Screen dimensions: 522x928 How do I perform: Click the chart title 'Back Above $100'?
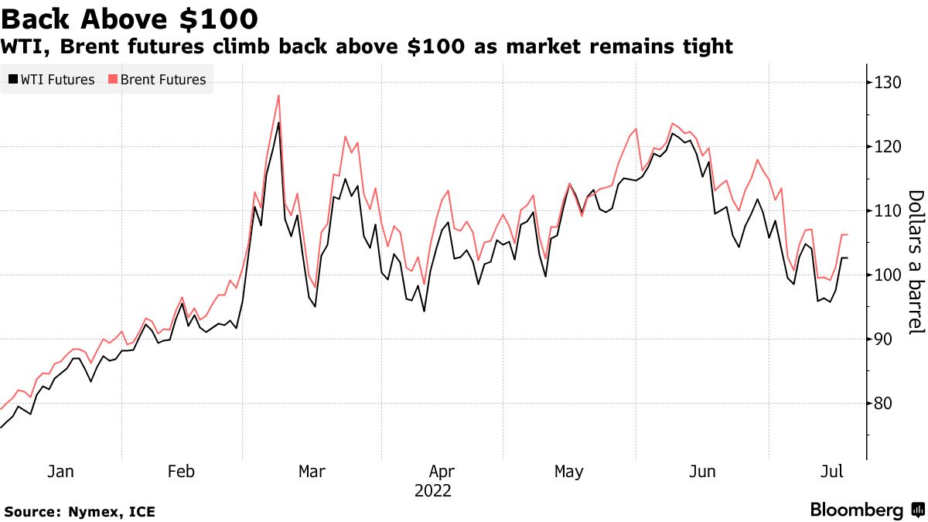point(130,17)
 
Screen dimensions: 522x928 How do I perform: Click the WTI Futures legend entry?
point(52,80)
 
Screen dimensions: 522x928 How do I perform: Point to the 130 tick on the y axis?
point(884,82)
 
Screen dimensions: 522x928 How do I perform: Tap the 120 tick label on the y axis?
point(884,146)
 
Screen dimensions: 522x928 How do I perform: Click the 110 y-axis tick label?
point(884,210)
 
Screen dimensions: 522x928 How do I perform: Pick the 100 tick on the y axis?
point(884,275)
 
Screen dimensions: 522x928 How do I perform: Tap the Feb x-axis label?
point(181,471)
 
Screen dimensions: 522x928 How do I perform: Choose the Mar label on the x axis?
point(312,471)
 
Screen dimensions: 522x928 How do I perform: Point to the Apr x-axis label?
point(442,471)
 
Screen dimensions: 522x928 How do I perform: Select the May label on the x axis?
point(568,471)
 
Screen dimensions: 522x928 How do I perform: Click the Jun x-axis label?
point(702,471)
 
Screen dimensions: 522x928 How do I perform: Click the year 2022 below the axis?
point(433,490)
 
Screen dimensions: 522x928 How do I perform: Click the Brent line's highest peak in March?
point(278,95)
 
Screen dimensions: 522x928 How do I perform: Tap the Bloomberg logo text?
point(857,510)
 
